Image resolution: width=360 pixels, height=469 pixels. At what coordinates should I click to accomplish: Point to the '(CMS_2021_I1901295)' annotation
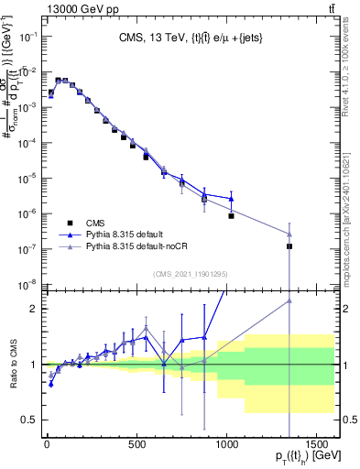190,273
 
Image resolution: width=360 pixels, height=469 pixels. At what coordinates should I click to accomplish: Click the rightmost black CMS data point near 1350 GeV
289,246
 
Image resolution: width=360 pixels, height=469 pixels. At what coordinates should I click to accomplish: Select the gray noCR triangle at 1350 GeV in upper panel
289,234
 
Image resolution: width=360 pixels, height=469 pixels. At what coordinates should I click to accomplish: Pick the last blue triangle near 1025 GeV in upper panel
232,199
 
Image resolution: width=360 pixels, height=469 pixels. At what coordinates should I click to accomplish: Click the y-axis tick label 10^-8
27,284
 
